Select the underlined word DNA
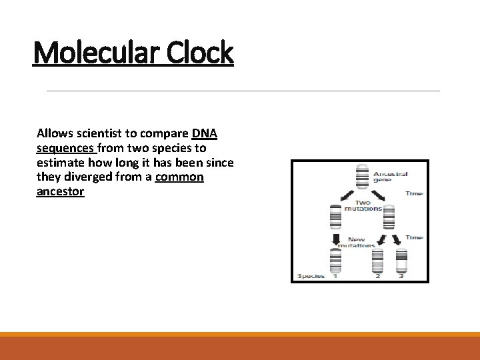tap(204, 133)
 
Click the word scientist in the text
tap(99, 133)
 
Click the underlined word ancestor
tap(60, 192)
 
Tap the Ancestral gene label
tap(391, 177)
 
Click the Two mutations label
tap(363, 205)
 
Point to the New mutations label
tap(357, 243)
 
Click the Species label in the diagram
tap(311, 276)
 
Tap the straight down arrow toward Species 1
tap(336, 239)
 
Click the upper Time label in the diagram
tap(414, 193)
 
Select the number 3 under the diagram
tap(401, 276)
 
